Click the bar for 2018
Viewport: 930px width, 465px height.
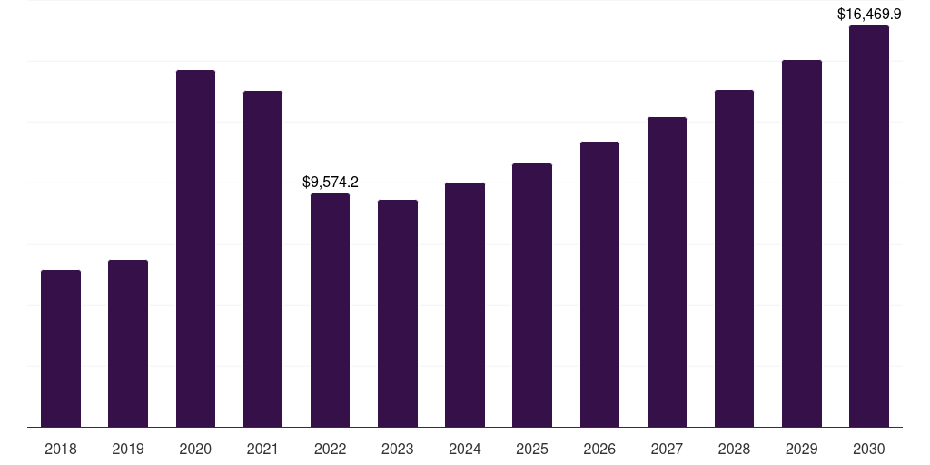[61, 349]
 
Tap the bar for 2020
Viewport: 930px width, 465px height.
[195, 249]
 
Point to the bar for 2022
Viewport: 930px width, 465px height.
[330, 311]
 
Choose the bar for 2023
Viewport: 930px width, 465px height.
[398, 313]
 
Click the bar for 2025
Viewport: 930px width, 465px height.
[532, 295]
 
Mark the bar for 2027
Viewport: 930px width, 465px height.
[667, 272]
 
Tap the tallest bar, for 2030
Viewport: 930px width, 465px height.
[869, 226]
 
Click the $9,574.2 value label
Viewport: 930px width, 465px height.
[331, 183]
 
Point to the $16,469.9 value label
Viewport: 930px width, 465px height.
[869, 15]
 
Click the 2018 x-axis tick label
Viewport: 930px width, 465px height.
[61, 449]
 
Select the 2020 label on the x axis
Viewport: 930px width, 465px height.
[195, 449]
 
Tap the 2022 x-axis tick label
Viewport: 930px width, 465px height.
[330, 449]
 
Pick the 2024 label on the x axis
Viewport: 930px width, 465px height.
[465, 449]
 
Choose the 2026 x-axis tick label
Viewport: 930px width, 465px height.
[599, 449]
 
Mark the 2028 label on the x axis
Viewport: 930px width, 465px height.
[734, 449]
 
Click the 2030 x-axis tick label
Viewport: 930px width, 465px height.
[869, 449]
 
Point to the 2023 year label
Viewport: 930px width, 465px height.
[398, 449]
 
